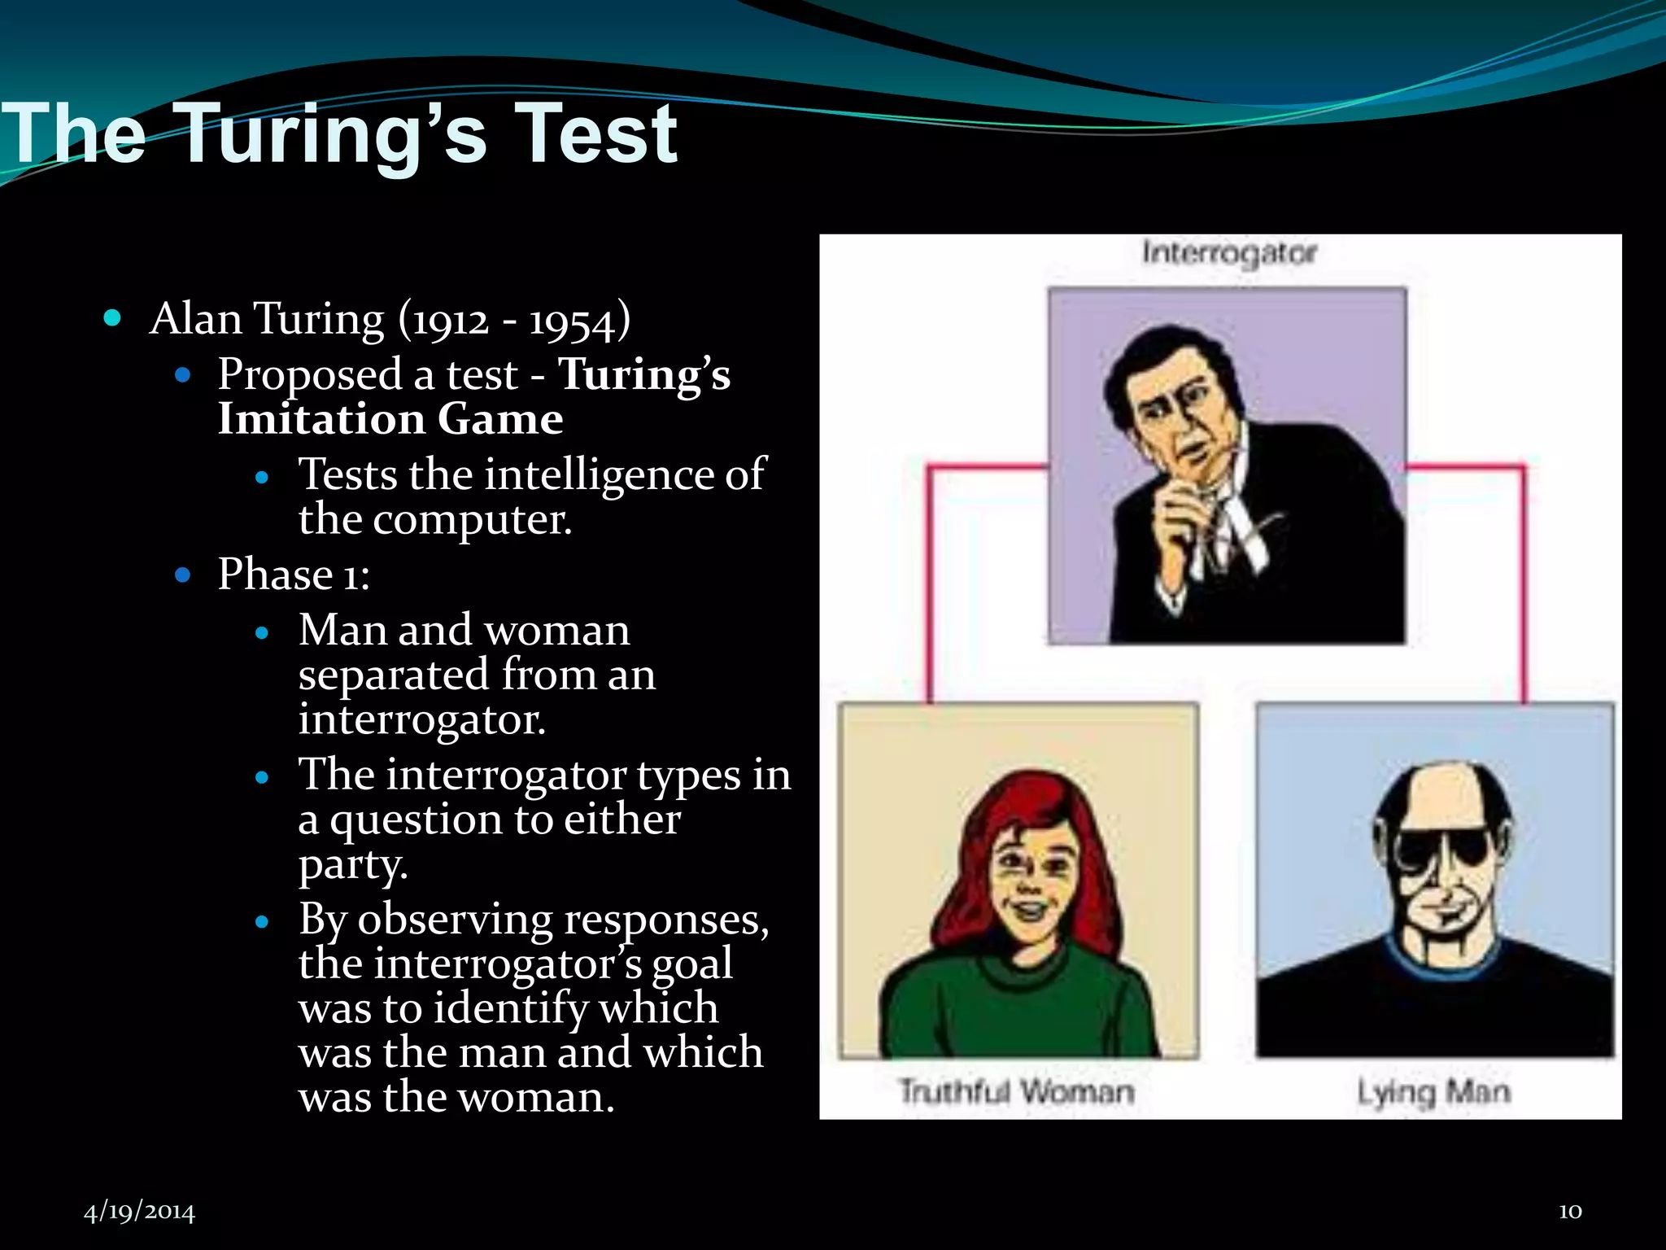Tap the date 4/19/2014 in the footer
pyautogui.click(x=139, y=1212)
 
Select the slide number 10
pyautogui.click(x=1570, y=1211)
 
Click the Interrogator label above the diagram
pyautogui.click(x=1228, y=253)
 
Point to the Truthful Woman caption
pyautogui.click(x=1016, y=1091)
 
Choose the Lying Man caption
pyautogui.click(x=1433, y=1091)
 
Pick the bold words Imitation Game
pyautogui.click(x=390, y=420)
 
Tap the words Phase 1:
pyautogui.click(x=294, y=575)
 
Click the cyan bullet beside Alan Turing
pyautogui.click(x=113, y=318)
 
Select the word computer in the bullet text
pyautogui.click(x=472, y=519)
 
